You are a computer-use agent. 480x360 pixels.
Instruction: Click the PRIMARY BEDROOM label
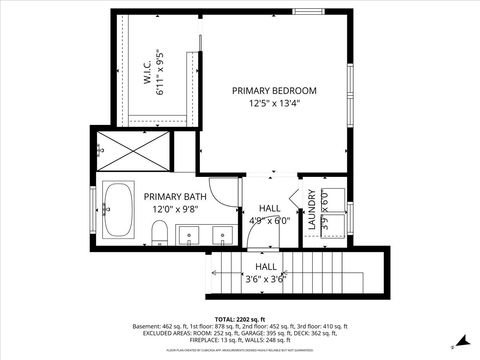(273, 90)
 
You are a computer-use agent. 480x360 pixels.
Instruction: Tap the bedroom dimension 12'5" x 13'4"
(273, 103)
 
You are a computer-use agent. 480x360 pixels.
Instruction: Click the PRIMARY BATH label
(174, 197)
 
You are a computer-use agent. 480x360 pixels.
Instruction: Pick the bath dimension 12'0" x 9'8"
(174, 210)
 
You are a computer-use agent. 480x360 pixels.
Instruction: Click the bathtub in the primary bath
(119, 212)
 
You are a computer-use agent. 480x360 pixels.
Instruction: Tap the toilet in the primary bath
(158, 234)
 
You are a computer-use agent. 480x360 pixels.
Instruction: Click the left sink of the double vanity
(193, 236)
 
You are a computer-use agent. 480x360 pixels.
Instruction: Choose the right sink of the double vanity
(222, 236)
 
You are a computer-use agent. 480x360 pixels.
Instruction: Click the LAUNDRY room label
(312, 211)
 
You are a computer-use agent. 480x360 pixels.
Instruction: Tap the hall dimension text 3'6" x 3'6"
(265, 279)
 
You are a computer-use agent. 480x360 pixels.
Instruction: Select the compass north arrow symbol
(459, 337)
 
